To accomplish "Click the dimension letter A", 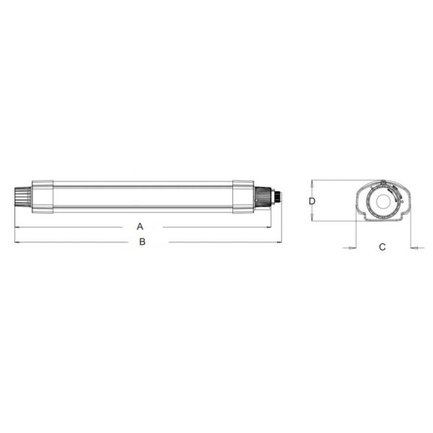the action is tap(140, 227).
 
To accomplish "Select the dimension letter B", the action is tap(142, 242).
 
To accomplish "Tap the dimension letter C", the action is tap(382, 247).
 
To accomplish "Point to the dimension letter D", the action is tap(312, 201).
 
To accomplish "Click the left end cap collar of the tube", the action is tap(43, 197).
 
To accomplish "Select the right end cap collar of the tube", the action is tap(243, 197).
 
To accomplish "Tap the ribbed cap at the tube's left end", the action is tap(23, 197).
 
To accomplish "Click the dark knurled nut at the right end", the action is tap(263, 197).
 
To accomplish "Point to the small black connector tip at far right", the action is tap(278, 197).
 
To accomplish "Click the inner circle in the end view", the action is tap(384, 202).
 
